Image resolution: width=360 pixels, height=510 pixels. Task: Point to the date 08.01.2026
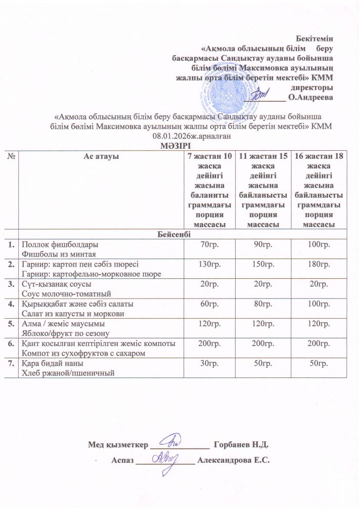click(169, 135)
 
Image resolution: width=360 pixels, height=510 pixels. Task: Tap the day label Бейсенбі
click(181, 234)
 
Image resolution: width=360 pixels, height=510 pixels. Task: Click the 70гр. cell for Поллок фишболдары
click(209, 245)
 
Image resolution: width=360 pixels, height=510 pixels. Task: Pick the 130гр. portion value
click(209, 264)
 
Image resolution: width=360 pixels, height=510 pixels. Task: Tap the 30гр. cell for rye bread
click(209, 364)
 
